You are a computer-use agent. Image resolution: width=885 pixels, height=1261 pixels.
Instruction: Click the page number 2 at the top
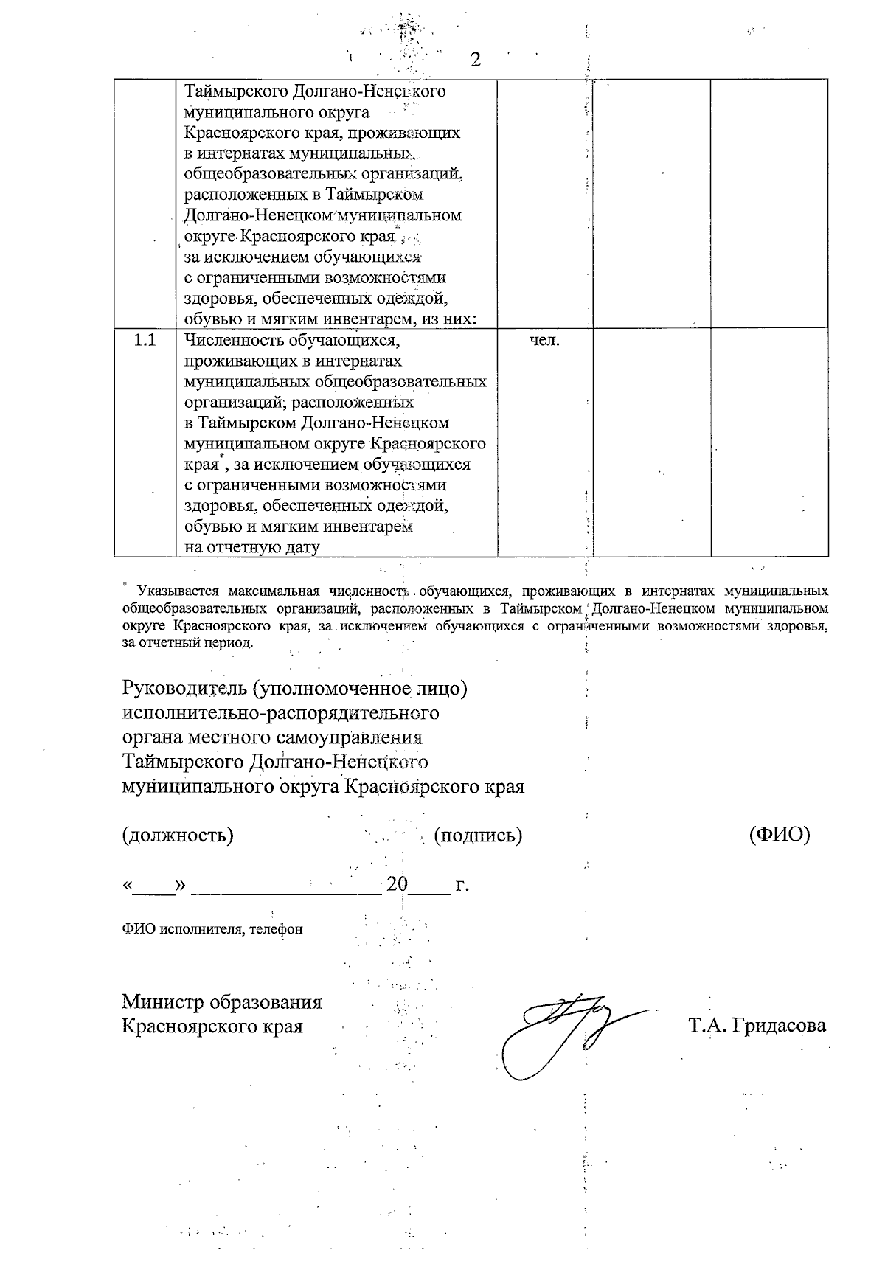click(475, 60)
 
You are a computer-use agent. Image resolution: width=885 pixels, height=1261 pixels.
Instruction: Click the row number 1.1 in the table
click(144, 341)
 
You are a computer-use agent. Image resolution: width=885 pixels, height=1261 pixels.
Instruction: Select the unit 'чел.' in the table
click(545, 341)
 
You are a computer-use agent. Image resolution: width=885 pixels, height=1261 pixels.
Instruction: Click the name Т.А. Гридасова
click(757, 1026)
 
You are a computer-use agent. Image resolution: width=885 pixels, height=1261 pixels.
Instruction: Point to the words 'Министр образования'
click(222, 1002)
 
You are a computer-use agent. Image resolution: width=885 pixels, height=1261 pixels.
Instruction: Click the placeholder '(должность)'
click(178, 835)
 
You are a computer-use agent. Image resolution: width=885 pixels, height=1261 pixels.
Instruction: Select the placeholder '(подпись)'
click(479, 835)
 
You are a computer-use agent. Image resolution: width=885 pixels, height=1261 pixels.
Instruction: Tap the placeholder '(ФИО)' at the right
click(779, 835)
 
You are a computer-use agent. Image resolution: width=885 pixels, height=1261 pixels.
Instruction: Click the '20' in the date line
click(397, 883)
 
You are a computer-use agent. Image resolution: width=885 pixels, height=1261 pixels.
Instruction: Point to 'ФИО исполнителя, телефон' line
click(212, 929)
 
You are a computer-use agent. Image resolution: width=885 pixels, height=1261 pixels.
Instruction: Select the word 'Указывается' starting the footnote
click(177, 591)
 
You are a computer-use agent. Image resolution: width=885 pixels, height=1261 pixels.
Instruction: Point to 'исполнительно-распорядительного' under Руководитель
click(280, 713)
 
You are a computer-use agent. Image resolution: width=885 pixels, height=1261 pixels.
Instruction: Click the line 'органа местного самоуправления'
click(273, 737)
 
